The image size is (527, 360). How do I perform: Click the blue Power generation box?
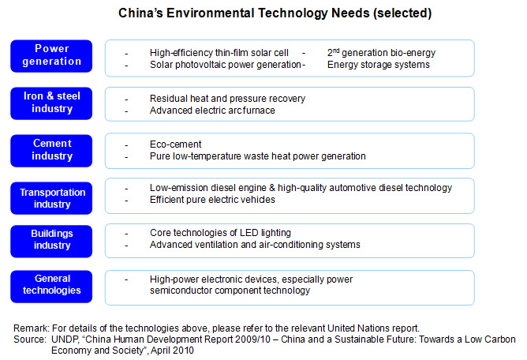51,56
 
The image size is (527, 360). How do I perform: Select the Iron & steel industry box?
51,103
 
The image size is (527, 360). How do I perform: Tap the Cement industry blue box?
51,151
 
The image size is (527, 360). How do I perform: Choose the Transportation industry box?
51,198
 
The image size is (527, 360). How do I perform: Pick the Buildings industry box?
51,242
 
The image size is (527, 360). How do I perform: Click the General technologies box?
51,287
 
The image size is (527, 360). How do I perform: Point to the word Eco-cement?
175,144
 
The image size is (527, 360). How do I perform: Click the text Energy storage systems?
379,65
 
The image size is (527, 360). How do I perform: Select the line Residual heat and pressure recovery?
227,99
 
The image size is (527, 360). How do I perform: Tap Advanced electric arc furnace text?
212,111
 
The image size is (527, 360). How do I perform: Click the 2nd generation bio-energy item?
382,52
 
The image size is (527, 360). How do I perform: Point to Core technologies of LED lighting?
220,233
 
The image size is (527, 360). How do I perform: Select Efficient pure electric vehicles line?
212,200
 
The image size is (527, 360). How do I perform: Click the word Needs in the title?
350,13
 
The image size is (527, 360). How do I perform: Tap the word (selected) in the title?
402,13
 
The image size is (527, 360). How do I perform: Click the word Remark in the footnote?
31,328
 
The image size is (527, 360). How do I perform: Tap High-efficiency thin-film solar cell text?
219,53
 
